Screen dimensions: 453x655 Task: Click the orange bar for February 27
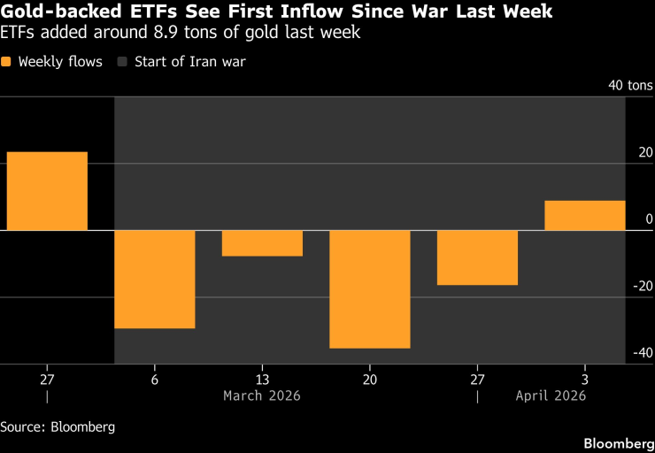pyautogui.click(x=47, y=191)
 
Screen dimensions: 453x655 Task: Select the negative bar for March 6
pyautogui.click(x=155, y=279)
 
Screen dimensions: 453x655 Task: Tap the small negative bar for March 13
pyautogui.click(x=262, y=243)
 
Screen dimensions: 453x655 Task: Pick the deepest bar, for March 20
pyautogui.click(x=370, y=288)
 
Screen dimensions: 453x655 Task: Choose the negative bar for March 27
pyautogui.click(x=477, y=257)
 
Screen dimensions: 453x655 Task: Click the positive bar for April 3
pyautogui.click(x=585, y=215)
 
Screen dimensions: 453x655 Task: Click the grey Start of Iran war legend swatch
pyautogui.click(x=123, y=62)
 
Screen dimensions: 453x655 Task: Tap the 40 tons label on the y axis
pyautogui.click(x=630, y=86)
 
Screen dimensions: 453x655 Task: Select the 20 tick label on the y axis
pyautogui.click(x=643, y=152)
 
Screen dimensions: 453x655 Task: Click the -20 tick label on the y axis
pyautogui.click(x=641, y=285)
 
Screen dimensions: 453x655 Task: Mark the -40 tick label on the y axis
pyautogui.click(x=641, y=352)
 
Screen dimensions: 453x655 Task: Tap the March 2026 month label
pyautogui.click(x=262, y=395)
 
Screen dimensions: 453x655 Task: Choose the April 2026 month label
pyautogui.click(x=551, y=395)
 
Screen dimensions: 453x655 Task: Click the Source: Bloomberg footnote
pyautogui.click(x=58, y=426)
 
